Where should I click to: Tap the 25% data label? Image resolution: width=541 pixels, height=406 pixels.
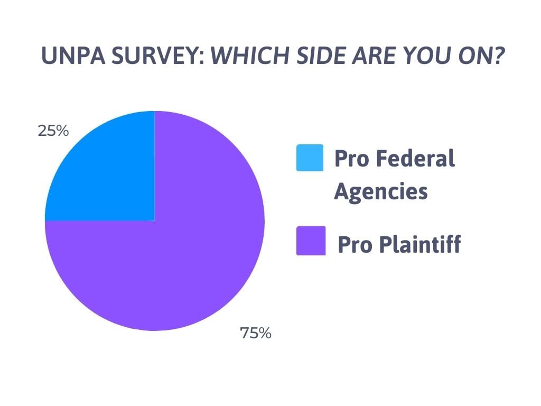click(53, 131)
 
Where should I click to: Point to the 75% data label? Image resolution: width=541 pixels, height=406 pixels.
click(256, 333)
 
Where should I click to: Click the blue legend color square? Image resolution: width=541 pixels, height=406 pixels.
click(310, 158)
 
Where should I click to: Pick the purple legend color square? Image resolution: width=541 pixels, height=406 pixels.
click(311, 241)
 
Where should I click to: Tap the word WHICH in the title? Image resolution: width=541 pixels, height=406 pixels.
click(245, 55)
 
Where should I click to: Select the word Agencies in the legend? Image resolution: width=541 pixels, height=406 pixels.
click(381, 191)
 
